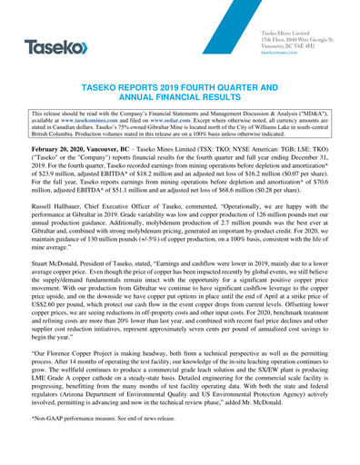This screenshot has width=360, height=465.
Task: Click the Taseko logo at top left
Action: pyautogui.click(x=56, y=46)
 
